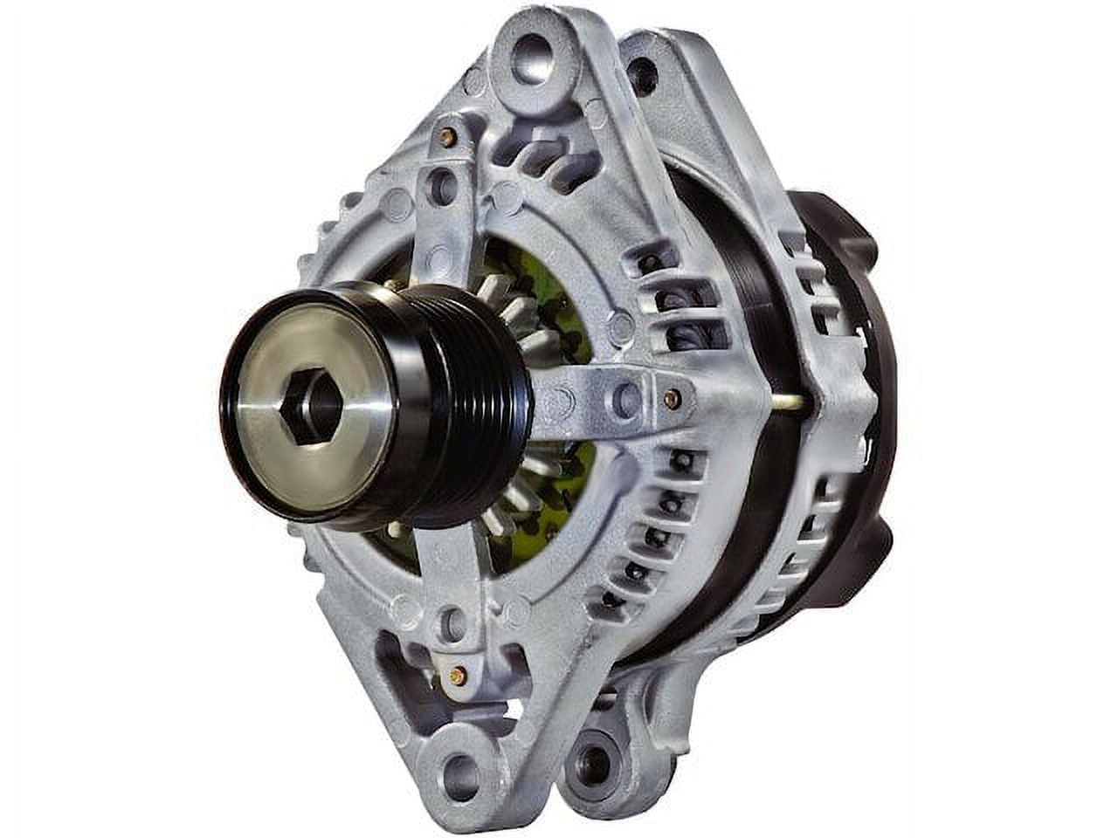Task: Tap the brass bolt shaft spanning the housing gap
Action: point(788,402)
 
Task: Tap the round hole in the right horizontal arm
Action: point(626,399)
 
